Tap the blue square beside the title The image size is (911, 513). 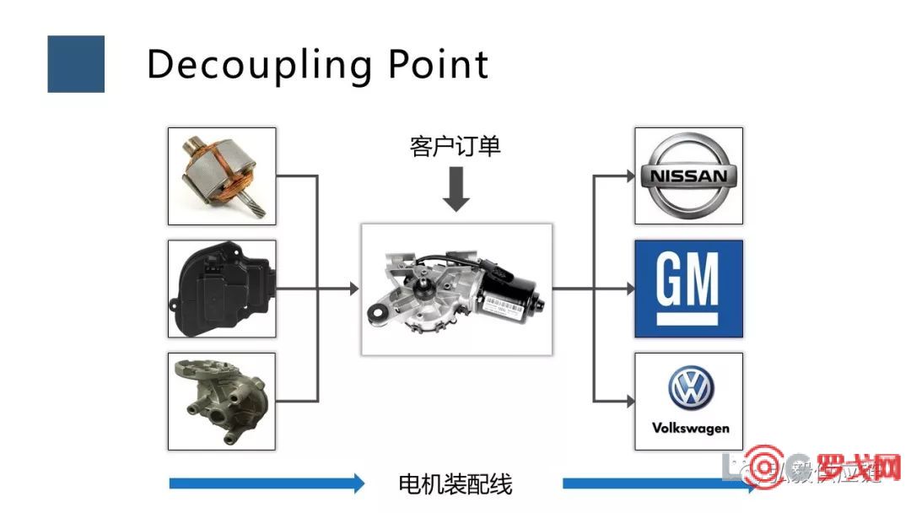pos(76,64)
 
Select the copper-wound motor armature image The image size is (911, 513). pos(222,176)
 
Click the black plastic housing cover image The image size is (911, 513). pos(222,289)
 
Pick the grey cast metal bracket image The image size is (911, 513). pos(222,401)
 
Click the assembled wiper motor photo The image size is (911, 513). pos(456,289)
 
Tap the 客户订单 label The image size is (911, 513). pos(455,146)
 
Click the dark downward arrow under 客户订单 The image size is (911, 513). pos(456,188)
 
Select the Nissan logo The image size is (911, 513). pos(688,176)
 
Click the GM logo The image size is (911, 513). pos(688,289)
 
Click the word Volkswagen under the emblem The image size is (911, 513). pos(689,428)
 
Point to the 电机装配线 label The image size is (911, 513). pos(455,484)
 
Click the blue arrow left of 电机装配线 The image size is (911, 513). pos(267,483)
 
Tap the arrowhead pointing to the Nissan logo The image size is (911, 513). pos(628,176)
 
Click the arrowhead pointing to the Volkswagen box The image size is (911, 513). pos(628,400)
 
